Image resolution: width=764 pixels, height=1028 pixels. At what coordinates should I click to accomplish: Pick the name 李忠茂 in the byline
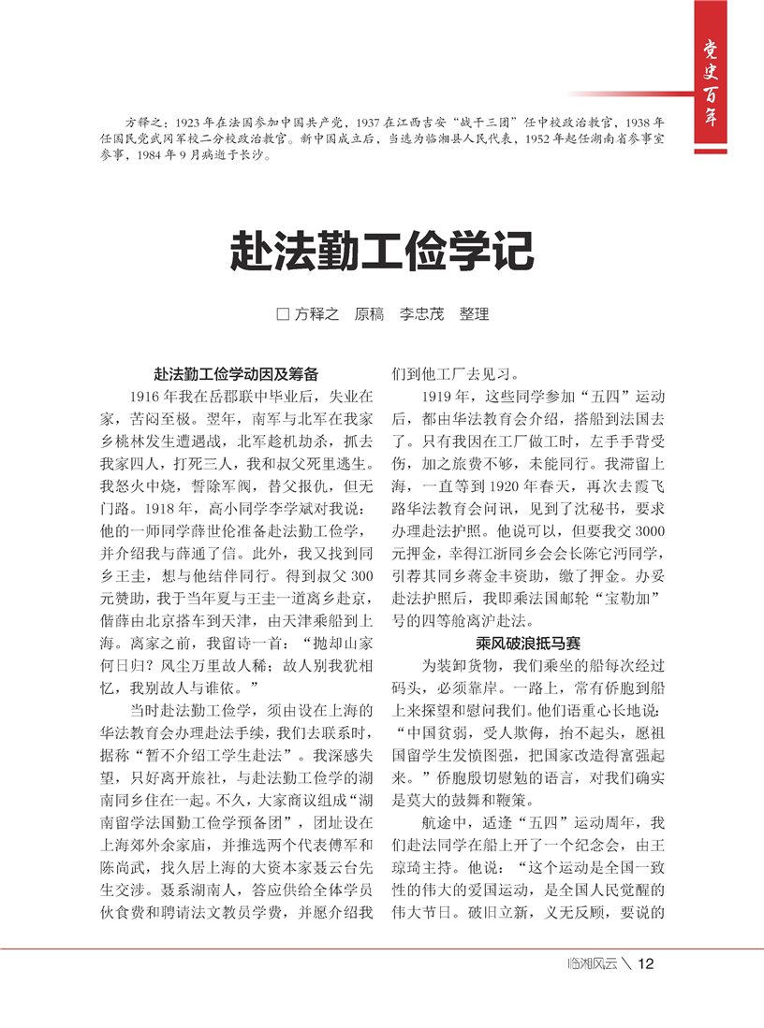pyautogui.click(x=421, y=314)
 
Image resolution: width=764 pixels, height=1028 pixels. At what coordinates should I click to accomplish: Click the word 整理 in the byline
pyautogui.click(x=474, y=314)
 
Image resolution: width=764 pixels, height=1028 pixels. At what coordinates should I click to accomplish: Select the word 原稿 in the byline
pyautogui.click(x=369, y=314)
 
